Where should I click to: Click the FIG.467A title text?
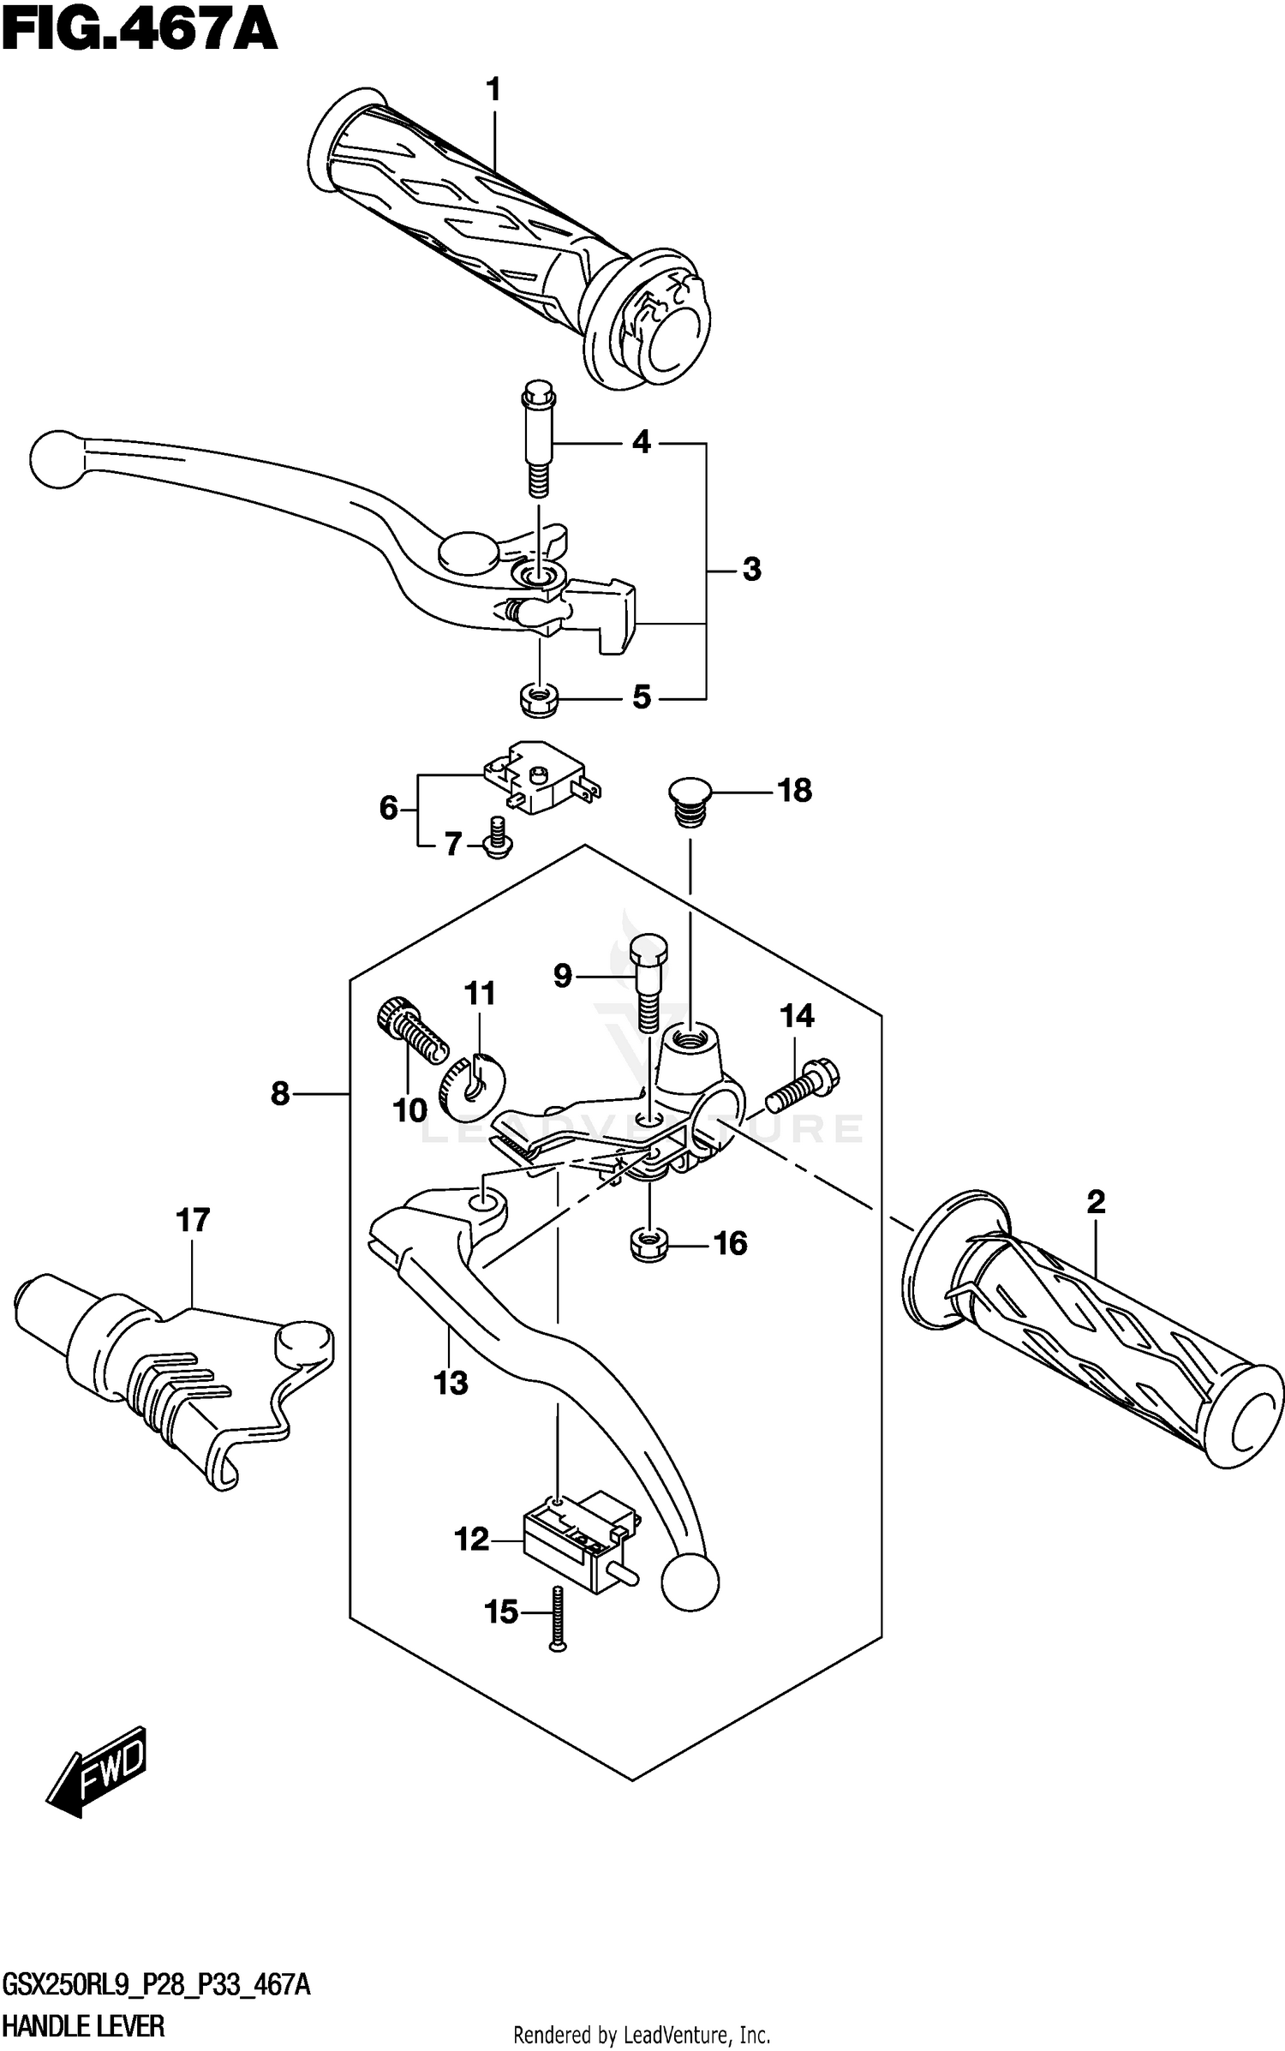[139, 33]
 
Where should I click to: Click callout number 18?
[794, 791]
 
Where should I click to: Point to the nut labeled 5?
[539, 700]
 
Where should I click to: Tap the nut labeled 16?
[649, 1243]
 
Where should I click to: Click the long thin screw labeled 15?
[558, 1617]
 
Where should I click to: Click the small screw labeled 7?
[497, 837]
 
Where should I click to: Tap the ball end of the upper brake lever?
[58, 459]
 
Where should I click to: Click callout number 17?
[193, 1220]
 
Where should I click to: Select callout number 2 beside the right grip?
[1096, 1203]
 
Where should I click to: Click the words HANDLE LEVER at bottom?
[83, 2028]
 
